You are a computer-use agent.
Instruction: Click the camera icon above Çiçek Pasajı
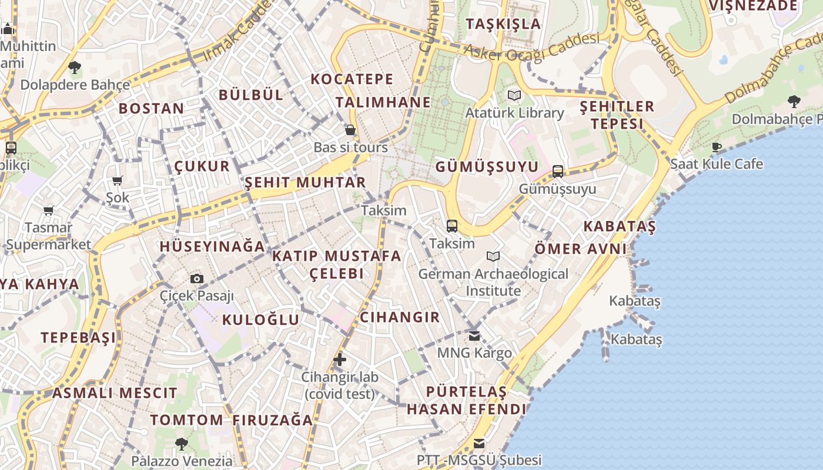[197, 278]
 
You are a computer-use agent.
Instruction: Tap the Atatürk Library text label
[514, 113]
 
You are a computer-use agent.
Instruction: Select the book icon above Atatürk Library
[514, 95]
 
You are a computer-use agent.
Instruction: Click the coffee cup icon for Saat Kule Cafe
[716, 147]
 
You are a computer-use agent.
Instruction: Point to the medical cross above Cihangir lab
[340, 360]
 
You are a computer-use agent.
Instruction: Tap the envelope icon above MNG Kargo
[474, 336]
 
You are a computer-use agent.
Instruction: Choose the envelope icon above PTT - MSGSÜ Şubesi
[480, 444]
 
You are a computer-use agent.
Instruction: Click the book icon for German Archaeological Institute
[493, 257]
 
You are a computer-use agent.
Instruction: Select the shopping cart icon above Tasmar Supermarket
[49, 210]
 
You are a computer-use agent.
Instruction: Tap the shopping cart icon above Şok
[118, 181]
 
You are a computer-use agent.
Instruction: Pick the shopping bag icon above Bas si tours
[350, 130]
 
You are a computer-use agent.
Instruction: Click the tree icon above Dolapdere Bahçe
[75, 68]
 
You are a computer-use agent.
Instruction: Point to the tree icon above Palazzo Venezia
[182, 444]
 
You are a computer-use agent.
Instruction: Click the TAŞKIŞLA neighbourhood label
[503, 23]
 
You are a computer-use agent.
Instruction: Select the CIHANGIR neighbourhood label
[400, 317]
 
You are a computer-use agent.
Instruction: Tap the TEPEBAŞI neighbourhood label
[78, 338]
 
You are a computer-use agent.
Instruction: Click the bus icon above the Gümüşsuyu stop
[557, 172]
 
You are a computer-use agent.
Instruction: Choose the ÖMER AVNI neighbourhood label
[581, 249]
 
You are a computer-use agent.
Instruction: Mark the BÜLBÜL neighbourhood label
[251, 95]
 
